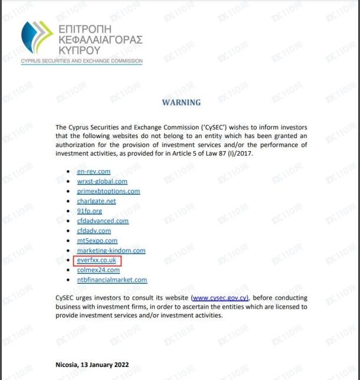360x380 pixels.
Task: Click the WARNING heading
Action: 181,102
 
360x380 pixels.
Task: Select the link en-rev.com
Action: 94,172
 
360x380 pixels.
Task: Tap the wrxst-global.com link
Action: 102,181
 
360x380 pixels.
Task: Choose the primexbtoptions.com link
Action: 109,191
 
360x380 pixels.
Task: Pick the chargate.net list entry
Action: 97,201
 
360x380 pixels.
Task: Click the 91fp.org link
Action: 90,211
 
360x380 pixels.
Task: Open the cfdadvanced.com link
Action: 103,221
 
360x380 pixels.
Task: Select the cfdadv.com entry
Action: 94,231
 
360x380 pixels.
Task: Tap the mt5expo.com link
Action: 97,241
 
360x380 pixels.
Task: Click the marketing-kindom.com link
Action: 111,250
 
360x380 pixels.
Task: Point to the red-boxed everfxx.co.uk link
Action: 97,260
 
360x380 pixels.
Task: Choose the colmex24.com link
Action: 99,270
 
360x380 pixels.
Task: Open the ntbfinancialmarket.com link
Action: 112,280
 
